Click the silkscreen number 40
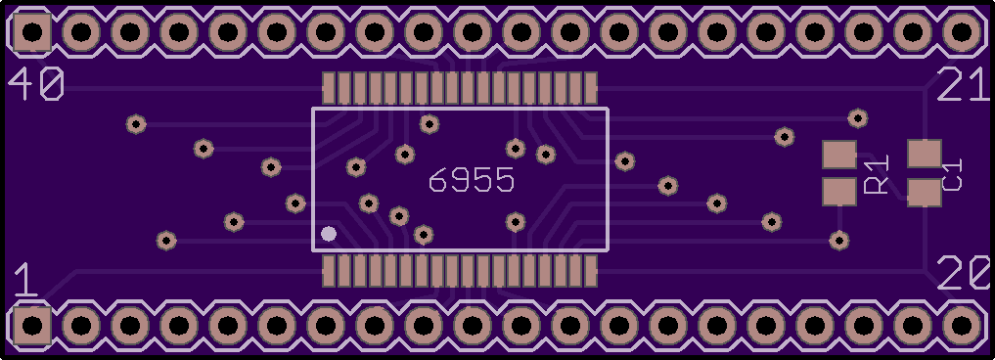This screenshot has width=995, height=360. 35,84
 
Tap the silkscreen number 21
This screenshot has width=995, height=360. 963,85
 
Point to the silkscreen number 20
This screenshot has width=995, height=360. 964,272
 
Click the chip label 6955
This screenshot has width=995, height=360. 472,181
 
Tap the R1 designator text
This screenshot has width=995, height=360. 877,174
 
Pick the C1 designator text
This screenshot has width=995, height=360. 953,174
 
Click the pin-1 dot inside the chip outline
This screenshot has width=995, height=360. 328,234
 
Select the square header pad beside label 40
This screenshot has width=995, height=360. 31,31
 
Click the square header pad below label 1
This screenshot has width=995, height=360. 31,326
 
